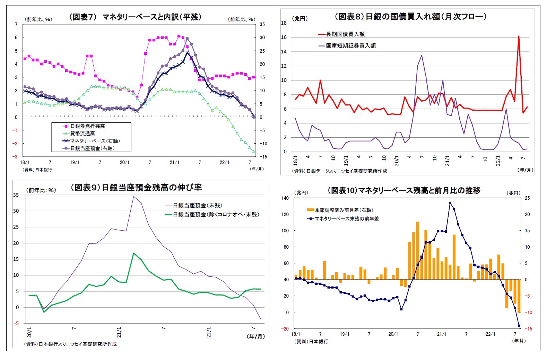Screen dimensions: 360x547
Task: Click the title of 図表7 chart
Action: [x=135, y=17]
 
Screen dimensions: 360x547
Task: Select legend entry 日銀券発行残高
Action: [x=87, y=126]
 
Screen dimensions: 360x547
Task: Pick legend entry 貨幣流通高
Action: [x=83, y=134]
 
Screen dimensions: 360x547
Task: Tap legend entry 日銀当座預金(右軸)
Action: [x=92, y=148]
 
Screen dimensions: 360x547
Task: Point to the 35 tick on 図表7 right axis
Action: [x=262, y=24]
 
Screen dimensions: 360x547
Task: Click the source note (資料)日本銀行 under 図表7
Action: [x=37, y=170]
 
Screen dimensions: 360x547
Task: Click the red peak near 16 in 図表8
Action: [x=519, y=36]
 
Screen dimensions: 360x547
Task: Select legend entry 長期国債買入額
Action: [x=345, y=34]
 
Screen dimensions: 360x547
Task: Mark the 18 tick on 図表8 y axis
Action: [x=284, y=23]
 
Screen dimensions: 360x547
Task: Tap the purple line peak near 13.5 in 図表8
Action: [x=422, y=55]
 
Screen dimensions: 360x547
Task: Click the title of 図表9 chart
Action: [x=136, y=188]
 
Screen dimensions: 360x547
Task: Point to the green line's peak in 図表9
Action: [x=134, y=253]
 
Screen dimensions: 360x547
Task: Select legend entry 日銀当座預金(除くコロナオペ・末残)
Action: [x=216, y=215]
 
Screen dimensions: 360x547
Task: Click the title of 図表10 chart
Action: [x=404, y=190]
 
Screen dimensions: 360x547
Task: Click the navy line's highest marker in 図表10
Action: [x=450, y=203]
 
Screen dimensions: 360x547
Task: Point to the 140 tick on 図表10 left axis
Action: [x=285, y=198]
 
